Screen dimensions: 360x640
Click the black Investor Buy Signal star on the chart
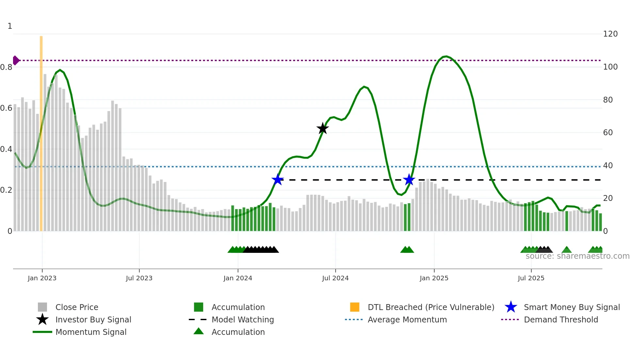click(323, 129)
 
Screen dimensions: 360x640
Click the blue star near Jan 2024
click(278, 180)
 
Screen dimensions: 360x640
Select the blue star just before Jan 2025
click(409, 180)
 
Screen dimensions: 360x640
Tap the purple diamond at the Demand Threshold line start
click(16, 60)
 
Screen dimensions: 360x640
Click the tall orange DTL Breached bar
click(41, 131)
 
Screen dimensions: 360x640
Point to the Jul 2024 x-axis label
click(335, 278)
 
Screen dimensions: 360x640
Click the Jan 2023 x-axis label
click(42, 278)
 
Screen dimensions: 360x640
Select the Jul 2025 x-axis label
click(531, 278)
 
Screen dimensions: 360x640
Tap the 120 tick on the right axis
click(610, 34)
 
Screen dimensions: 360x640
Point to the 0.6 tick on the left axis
click(7, 108)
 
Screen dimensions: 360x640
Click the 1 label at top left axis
click(10, 26)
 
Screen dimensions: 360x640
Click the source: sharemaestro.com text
click(577, 256)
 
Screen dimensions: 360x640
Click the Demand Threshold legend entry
click(561, 320)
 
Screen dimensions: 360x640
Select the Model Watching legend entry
click(243, 320)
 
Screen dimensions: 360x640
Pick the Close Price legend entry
click(77, 307)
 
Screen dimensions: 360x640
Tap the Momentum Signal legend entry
click(91, 332)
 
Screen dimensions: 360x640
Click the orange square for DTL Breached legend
click(355, 307)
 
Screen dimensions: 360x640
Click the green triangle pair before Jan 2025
click(407, 250)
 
